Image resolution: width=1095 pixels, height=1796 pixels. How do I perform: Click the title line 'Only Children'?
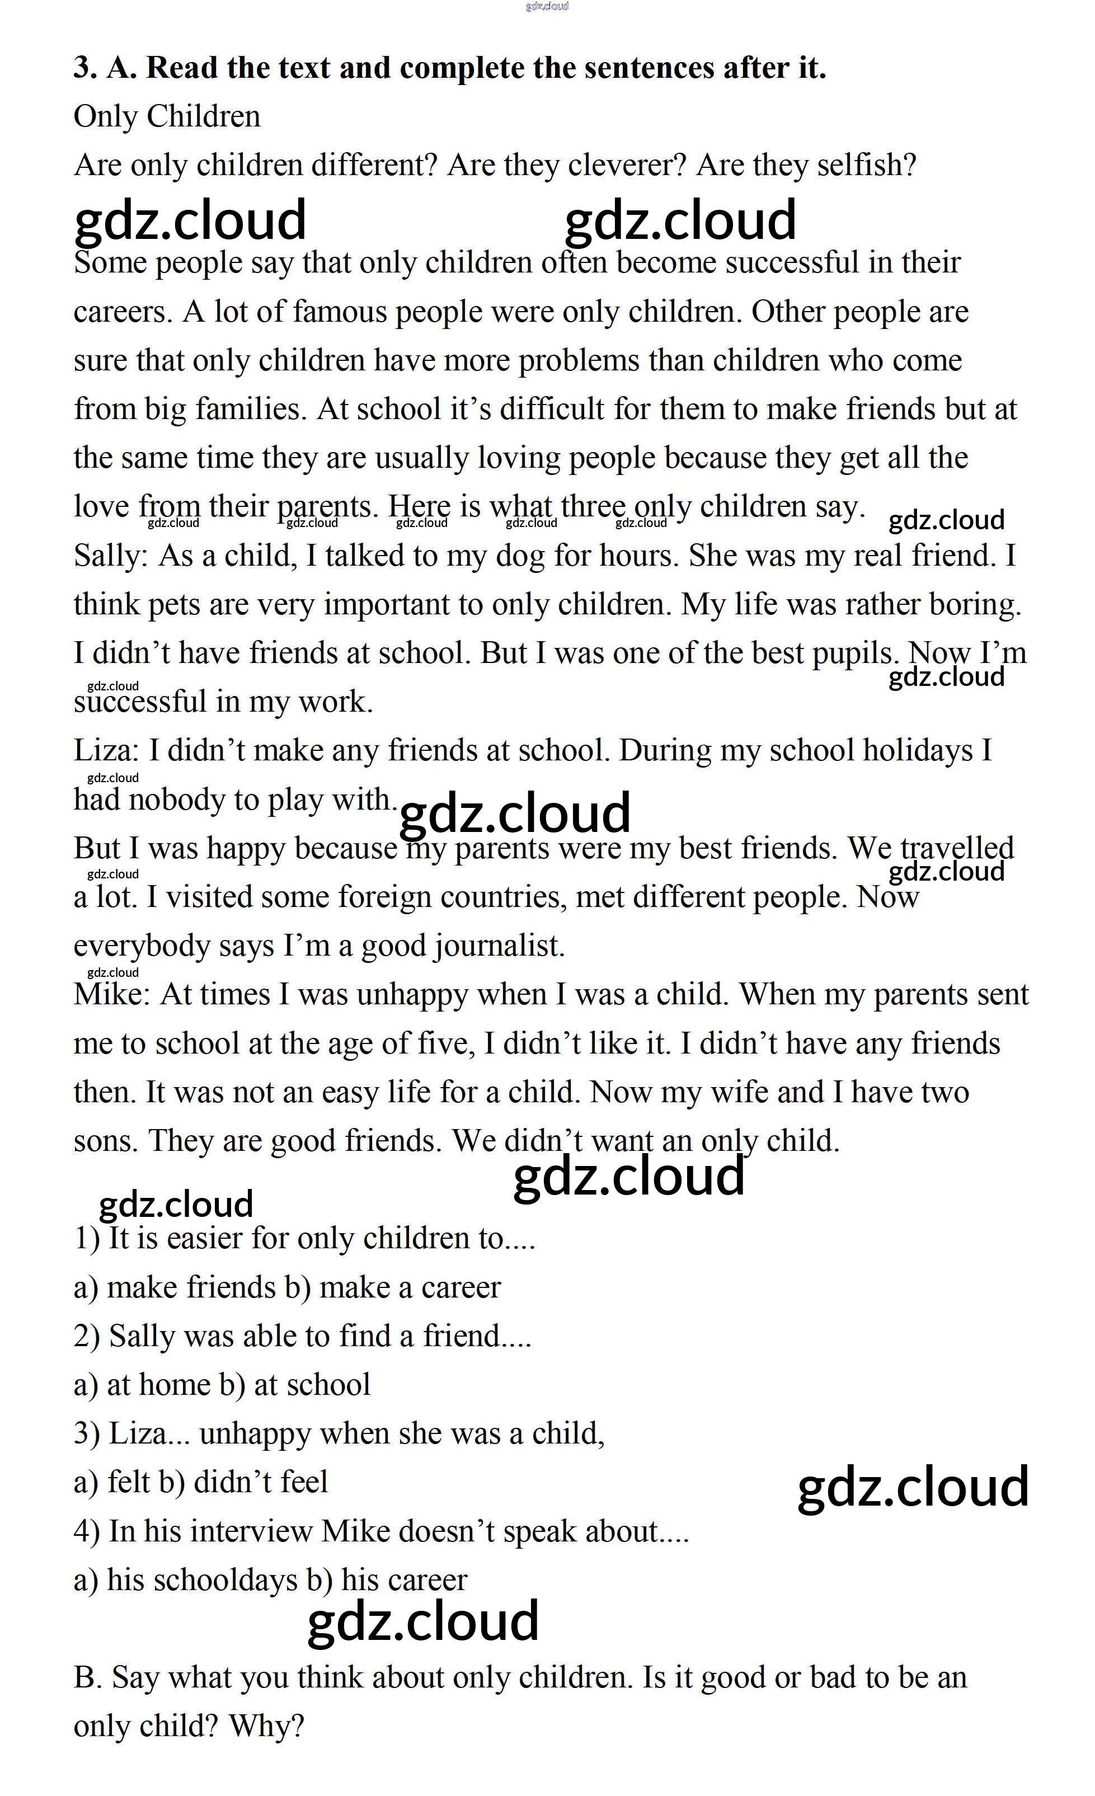coord(167,116)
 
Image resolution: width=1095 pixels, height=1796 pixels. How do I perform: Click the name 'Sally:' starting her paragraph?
coord(111,556)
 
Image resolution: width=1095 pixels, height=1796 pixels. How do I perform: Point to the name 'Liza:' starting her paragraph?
coord(106,751)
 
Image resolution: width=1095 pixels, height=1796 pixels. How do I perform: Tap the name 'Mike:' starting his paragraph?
coord(111,995)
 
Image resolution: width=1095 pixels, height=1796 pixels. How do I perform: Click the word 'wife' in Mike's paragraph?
coord(739,1093)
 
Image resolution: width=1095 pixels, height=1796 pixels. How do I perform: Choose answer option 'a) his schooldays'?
coord(186,1580)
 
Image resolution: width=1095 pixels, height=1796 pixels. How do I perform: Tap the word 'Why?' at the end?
coord(266,1726)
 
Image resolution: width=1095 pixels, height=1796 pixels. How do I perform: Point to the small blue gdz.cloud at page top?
coord(547,7)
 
